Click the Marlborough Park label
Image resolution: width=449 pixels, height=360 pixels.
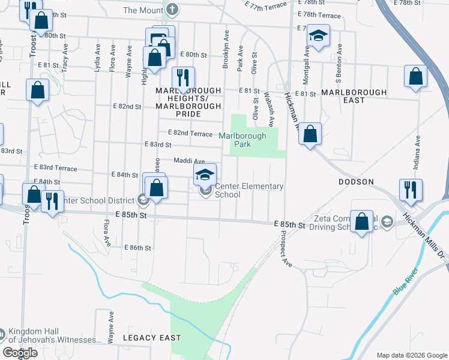tap(242, 140)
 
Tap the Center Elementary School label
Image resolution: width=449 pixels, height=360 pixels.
tap(249, 190)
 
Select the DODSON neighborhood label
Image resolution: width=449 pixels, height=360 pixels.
tap(357, 181)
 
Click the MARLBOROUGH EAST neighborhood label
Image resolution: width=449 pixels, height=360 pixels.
tap(351, 96)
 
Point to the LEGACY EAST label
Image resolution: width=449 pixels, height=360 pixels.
tap(152, 338)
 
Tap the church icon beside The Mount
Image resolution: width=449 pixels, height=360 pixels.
tap(172, 10)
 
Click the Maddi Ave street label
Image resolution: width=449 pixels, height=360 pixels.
tap(189, 161)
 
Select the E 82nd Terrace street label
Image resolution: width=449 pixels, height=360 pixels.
tap(190, 133)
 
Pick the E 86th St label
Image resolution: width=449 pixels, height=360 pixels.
tap(137, 247)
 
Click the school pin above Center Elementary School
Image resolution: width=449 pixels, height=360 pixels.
tap(205, 175)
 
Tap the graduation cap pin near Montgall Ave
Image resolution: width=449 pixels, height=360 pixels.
tap(319, 36)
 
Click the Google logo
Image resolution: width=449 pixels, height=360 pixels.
tap(20, 353)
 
